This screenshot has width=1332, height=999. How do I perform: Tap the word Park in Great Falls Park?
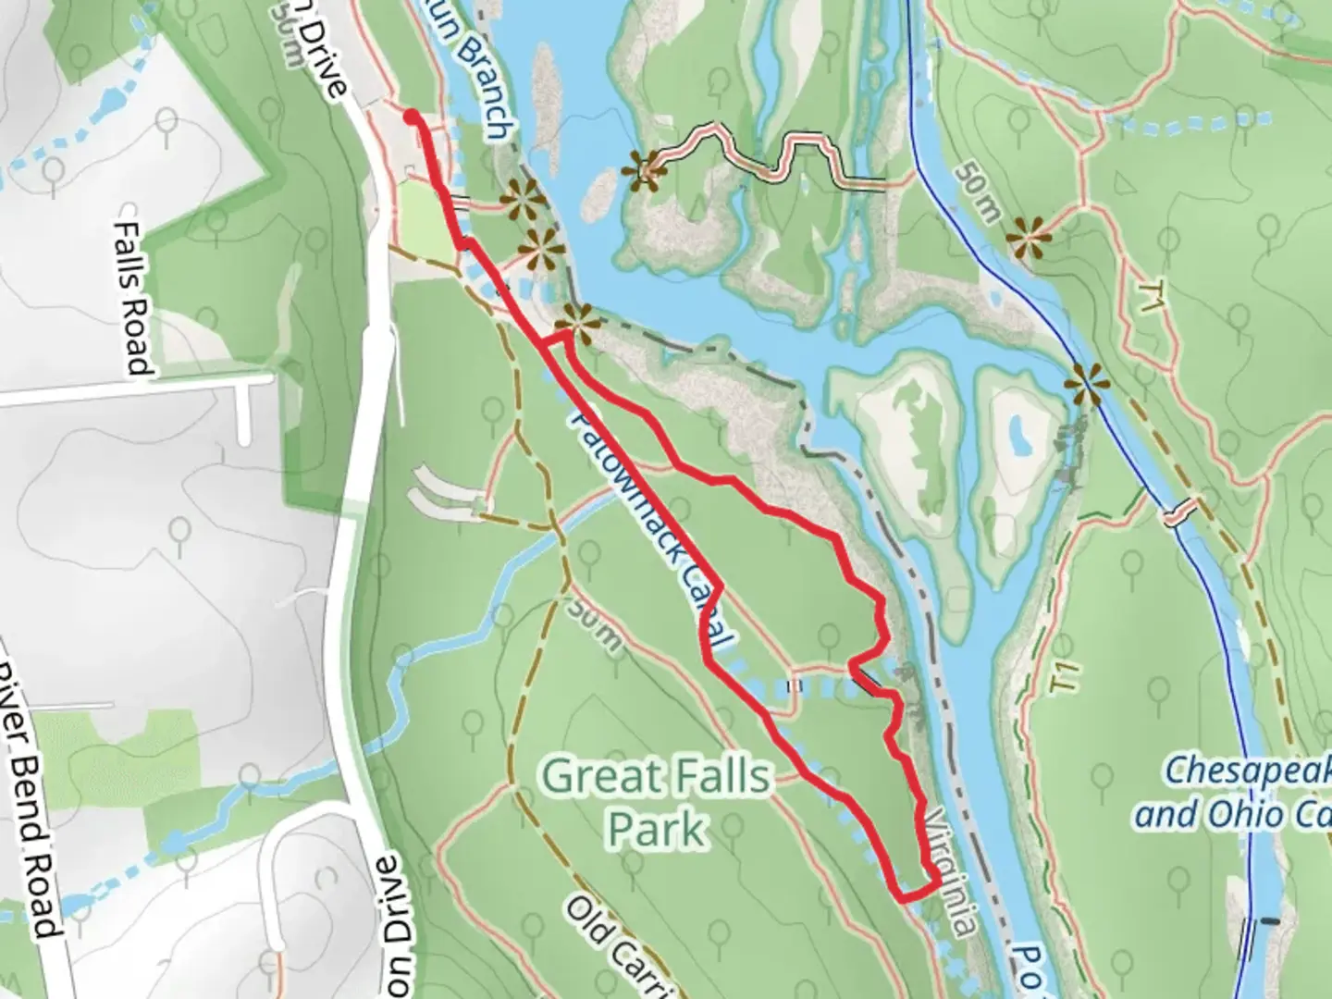[x=657, y=828]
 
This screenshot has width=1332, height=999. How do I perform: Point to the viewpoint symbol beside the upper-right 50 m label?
[x=1029, y=238]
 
